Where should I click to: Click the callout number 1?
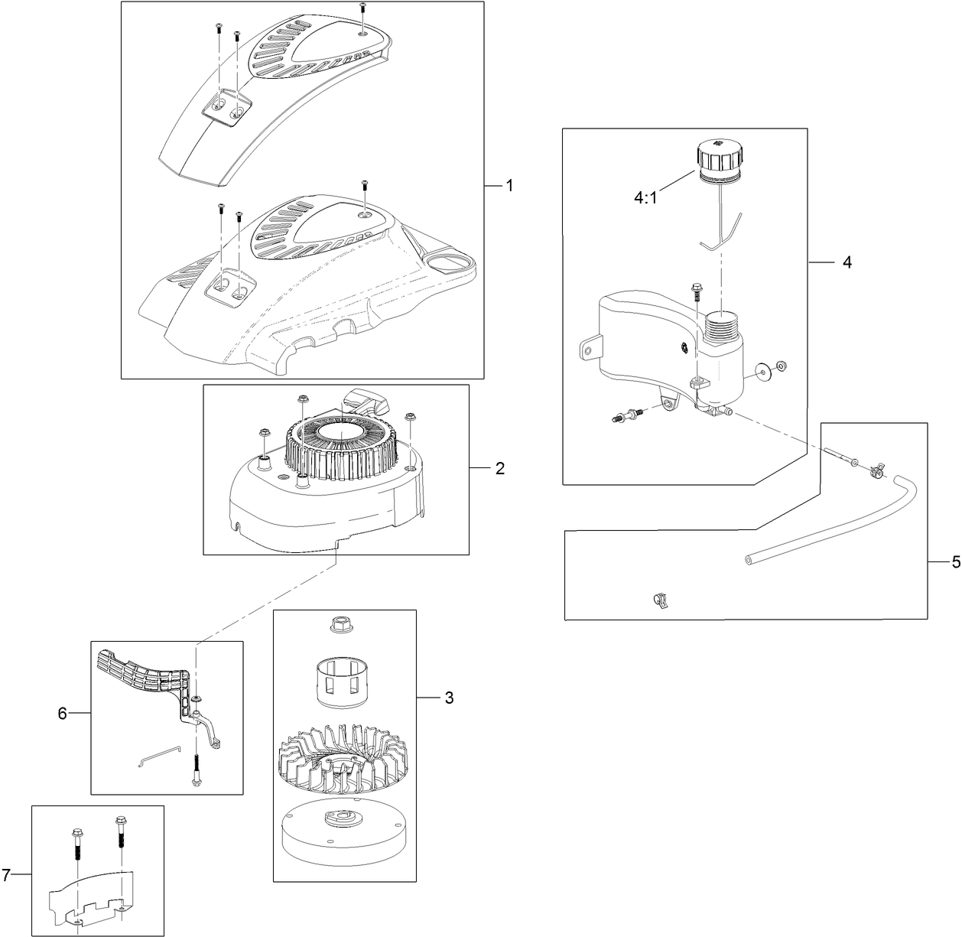509,186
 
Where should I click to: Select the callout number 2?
499,467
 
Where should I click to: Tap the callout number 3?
449,698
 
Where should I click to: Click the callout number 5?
955,562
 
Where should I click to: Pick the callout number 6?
63,713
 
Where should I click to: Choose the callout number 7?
7,874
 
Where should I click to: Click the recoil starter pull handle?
365,400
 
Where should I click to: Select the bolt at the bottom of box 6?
197,769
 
